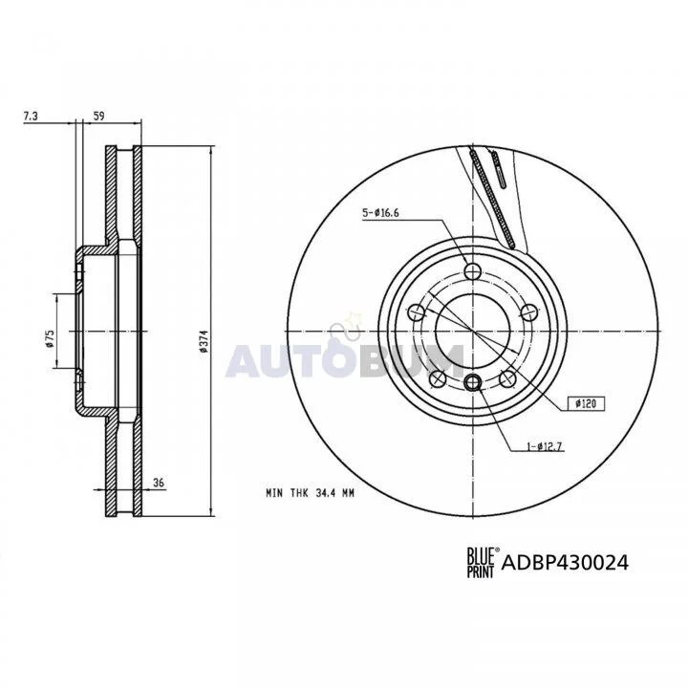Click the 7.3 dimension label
[x=31, y=116]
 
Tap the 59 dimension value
[x=99, y=116]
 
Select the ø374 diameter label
[x=203, y=341]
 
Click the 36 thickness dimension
[x=159, y=483]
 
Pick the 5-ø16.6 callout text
[x=380, y=213]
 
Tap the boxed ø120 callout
[x=586, y=403]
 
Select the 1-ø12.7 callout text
[x=545, y=447]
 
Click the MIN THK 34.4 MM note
[x=310, y=493]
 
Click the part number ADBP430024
[x=565, y=562]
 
